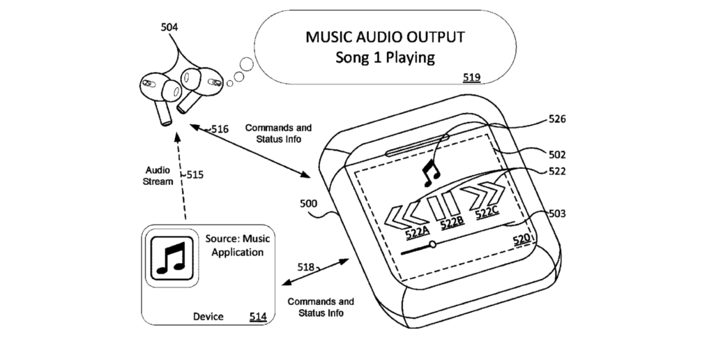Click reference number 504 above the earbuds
pos(169,27)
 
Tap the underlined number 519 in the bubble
pos(472,77)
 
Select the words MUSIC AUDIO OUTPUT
pos(385,37)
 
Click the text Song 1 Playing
pos(385,57)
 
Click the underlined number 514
pos(258,317)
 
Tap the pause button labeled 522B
pos(443,206)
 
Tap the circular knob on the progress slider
pos(432,245)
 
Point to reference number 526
pos(557,119)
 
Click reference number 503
pos(557,213)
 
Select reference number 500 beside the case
pos(308,203)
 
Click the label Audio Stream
pos(158,176)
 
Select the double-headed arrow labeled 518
pos(316,272)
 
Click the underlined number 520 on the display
pos(522,239)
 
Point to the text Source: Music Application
pos(237,245)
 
